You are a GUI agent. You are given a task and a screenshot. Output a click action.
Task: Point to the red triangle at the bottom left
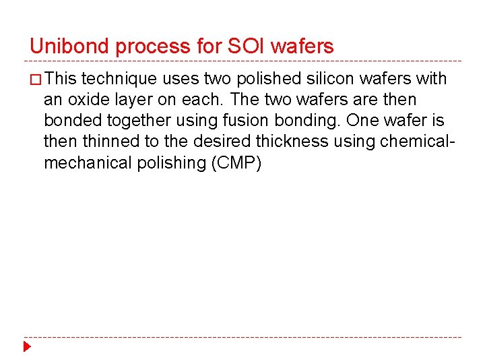click(x=27, y=348)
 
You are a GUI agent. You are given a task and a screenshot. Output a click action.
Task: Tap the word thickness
click(x=289, y=142)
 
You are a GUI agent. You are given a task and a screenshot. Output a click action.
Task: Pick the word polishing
click(x=172, y=163)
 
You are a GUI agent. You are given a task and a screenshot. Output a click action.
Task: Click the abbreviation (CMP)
click(x=236, y=162)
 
